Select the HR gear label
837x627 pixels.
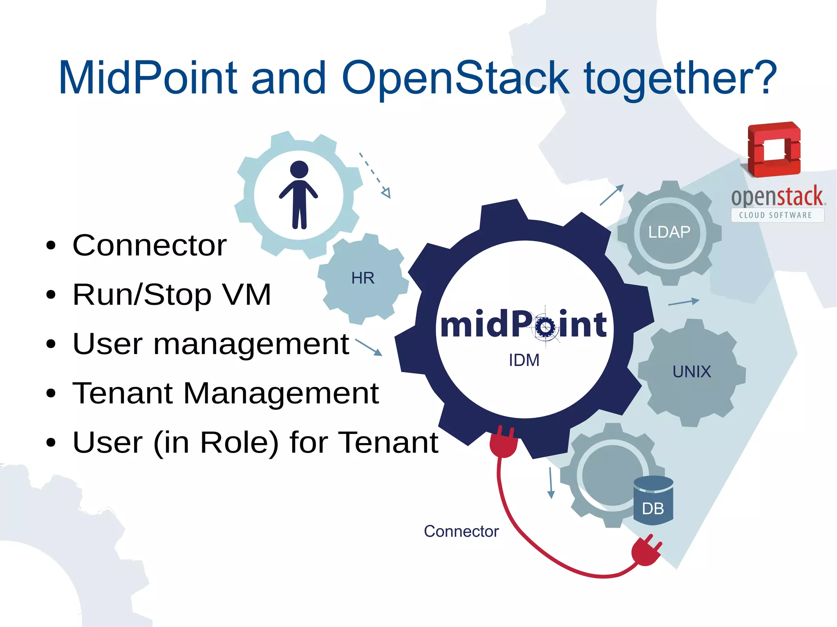[363, 278]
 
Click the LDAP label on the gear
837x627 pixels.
[669, 232]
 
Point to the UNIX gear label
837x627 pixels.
[692, 372]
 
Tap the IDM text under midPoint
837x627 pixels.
[524, 360]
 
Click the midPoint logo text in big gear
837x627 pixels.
[523, 325]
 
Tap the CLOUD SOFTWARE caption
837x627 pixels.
[775, 215]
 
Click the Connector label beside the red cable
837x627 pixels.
[461, 531]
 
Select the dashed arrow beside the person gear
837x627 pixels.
[375, 176]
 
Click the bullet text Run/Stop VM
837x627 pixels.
[172, 294]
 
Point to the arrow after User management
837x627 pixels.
[369, 347]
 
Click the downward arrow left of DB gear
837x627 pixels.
[551, 483]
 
